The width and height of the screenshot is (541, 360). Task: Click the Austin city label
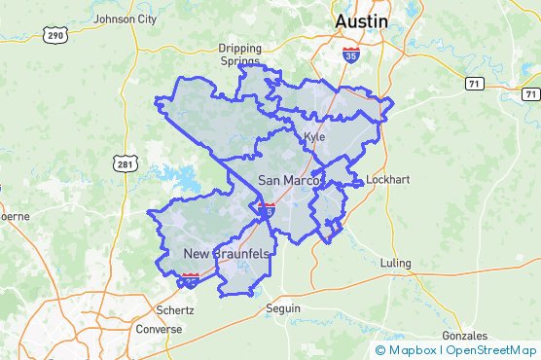tap(360, 20)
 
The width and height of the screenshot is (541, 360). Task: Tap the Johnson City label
tap(125, 18)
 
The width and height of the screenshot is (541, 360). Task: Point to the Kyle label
tap(314, 136)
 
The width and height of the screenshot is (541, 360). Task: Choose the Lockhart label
tap(385, 180)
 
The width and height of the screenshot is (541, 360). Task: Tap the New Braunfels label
tap(226, 254)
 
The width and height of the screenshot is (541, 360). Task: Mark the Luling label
tap(396, 264)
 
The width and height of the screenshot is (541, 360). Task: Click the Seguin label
tap(283, 308)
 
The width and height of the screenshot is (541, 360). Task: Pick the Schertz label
tap(175, 310)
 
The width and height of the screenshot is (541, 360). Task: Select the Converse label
tap(160, 329)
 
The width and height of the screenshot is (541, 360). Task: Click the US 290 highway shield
tap(54, 35)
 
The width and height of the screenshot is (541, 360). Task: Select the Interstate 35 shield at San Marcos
tap(268, 208)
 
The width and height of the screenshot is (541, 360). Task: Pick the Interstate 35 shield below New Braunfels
tap(191, 280)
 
